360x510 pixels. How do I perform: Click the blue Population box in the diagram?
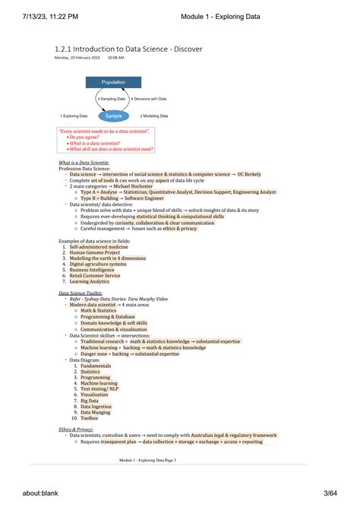[x=113, y=82]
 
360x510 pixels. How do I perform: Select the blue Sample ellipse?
[x=113, y=116]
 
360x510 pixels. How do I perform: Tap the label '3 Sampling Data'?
[x=111, y=99]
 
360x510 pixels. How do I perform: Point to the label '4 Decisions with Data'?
[x=148, y=99]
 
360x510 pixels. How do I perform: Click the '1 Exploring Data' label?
[x=74, y=116]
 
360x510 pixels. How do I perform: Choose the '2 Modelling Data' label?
[x=156, y=116]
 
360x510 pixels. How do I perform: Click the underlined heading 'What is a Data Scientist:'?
[x=84, y=163]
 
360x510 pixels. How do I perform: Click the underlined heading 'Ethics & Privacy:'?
[x=76, y=429]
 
